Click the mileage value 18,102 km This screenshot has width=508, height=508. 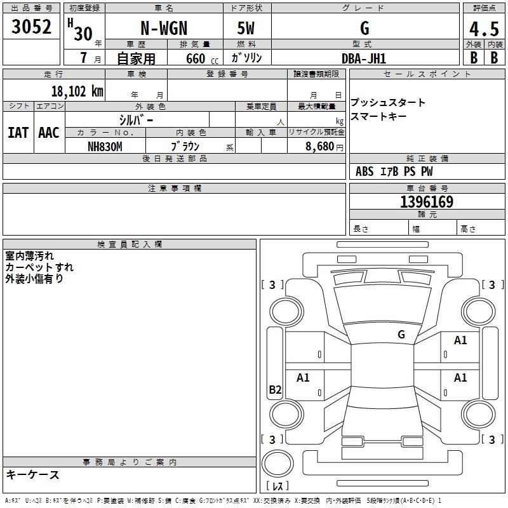(x=77, y=91)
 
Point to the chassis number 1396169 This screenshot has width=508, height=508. (x=427, y=203)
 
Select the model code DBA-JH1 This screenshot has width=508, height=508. (x=364, y=58)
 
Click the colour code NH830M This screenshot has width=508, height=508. (x=105, y=147)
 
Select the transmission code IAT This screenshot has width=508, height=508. (x=18, y=133)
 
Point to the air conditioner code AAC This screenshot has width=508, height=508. (x=49, y=133)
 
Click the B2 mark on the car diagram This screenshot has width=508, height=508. (x=275, y=390)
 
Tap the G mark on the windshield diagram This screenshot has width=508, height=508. (x=401, y=334)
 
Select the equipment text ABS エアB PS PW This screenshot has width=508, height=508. (x=394, y=171)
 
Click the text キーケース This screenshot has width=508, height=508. (x=33, y=474)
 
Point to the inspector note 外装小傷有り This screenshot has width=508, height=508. (x=34, y=278)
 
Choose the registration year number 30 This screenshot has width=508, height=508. (x=83, y=34)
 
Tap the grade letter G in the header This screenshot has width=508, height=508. (x=364, y=29)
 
